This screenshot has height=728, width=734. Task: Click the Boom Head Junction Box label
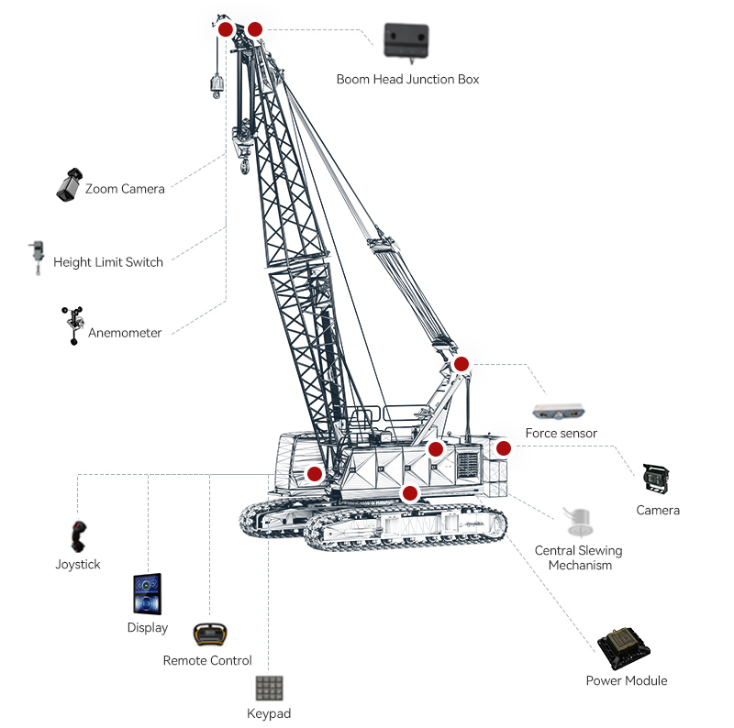pos(407,80)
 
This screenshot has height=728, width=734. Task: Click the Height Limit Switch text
pos(108,262)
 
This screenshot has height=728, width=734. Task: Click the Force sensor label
pos(561,433)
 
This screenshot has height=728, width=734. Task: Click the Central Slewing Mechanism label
pos(579,557)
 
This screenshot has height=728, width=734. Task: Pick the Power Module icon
pos(624,648)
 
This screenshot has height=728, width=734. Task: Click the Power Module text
pos(627,680)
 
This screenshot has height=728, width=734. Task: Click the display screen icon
pos(148,595)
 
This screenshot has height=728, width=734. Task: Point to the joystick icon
pos(80,535)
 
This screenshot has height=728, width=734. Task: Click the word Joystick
pos(78,565)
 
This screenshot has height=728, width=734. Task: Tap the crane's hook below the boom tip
pos(243,163)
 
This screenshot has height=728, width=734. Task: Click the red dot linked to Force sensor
pos(462,364)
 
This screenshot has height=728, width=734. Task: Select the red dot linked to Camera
pos(504,448)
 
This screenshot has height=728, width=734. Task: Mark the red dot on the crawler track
pos(410,493)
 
